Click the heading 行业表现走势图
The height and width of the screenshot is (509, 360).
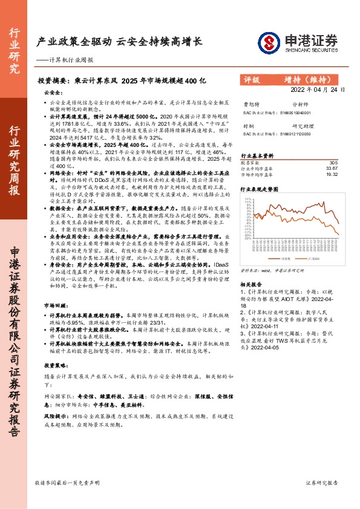click(260, 189)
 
